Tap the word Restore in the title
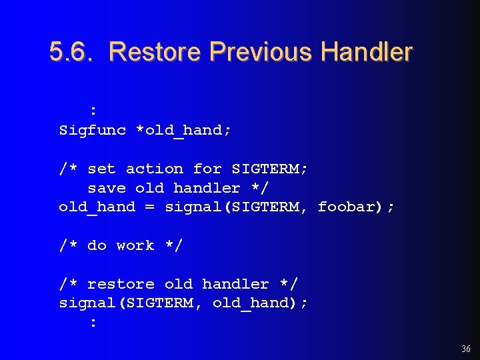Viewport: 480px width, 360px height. (155, 51)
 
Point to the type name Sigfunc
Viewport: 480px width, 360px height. (92, 130)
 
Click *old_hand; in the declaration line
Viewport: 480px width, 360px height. (183, 130)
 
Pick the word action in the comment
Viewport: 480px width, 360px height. (154, 169)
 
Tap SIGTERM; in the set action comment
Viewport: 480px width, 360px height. (269, 169)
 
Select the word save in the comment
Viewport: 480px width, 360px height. (107, 188)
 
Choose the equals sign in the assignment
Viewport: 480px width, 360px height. (149, 207)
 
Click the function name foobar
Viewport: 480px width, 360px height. (347, 207)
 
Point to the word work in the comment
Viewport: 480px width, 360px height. (135, 245)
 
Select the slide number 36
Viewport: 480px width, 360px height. (465, 349)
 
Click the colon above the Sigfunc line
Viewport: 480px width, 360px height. (93, 111)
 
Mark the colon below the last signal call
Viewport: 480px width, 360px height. (93, 323)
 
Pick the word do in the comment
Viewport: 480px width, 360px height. (97, 245)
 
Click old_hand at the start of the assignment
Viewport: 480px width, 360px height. (97, 207)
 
